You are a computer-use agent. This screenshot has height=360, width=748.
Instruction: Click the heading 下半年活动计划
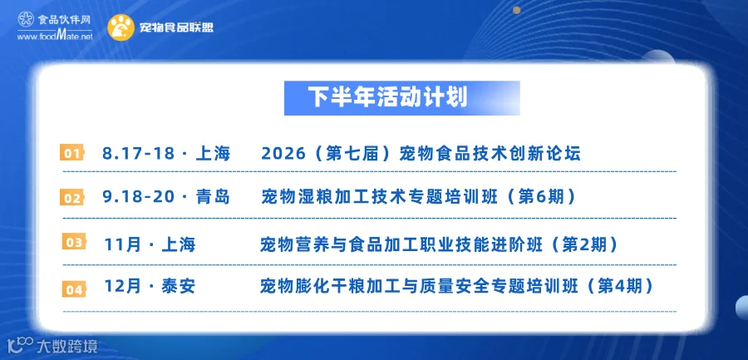tap(387, 97)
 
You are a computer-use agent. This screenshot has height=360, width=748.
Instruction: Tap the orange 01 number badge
tap(72, 153)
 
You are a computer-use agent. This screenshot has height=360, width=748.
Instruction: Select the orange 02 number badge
tap(72, 198)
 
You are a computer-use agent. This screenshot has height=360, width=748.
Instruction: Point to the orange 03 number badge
tap(74, 242)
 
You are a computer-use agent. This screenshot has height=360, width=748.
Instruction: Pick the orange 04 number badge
tap(74, 289)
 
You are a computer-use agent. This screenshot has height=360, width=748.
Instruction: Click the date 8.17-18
tap(137, 154)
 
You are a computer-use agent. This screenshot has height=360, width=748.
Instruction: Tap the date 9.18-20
tap(139, 197)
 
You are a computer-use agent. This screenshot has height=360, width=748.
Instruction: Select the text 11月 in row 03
tap(123, 245)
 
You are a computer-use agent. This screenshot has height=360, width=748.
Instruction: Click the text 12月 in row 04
tap(123, 286)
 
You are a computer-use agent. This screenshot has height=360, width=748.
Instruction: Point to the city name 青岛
tap(213, 197)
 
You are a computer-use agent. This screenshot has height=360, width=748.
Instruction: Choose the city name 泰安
tap(179, 286)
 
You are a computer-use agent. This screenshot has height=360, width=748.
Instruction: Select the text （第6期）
tap(541, 197)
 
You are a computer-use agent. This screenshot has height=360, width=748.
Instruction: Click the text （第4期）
tap(618, 286)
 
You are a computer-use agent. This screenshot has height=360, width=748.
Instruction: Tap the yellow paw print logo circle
tap(121, 27)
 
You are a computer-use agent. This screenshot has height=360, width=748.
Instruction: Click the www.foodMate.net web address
tap(55, 36)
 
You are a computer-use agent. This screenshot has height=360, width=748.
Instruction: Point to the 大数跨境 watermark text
tap(70, 345)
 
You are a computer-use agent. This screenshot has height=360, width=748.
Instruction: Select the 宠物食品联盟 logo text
tap(176, 27)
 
